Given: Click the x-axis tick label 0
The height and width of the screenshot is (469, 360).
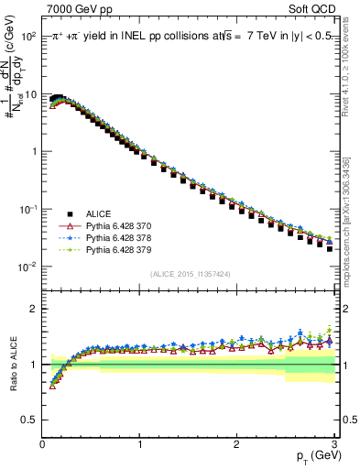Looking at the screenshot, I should pyautogui.click(x=42, y=444).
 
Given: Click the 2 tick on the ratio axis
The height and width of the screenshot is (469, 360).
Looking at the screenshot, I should pyautogui.click(x=33, y=309).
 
